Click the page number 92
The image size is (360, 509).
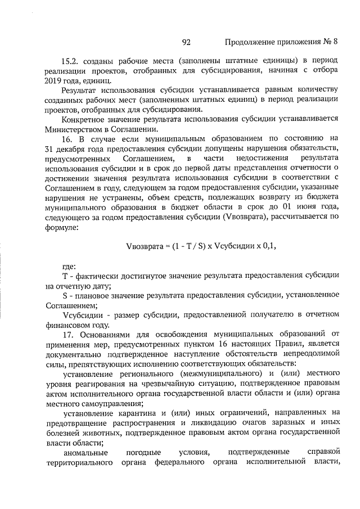pyautogui.click(x=187, y=42)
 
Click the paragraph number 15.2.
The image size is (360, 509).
pyautogui.click(x=71, y=60)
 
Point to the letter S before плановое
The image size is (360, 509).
pyautogui.click(x=65, y=295)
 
